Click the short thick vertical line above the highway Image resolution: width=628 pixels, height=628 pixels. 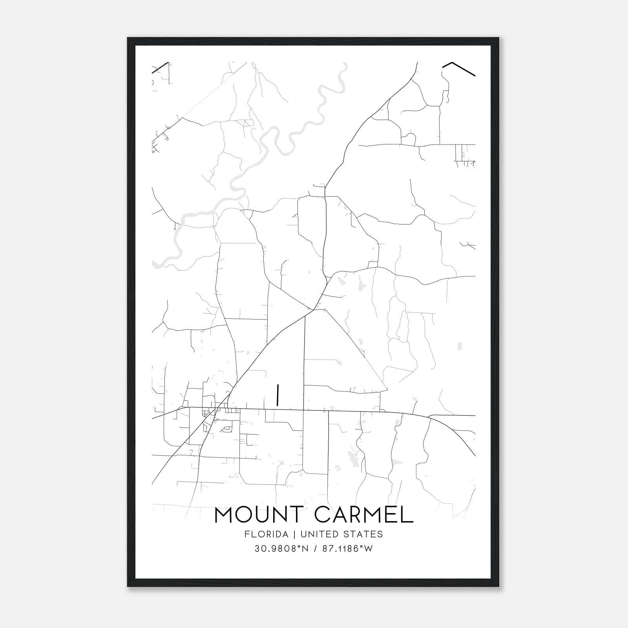277,395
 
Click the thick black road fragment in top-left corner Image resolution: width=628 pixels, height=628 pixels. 161,67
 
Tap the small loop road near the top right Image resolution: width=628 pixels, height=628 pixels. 410,138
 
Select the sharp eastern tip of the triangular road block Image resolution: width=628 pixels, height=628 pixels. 387,390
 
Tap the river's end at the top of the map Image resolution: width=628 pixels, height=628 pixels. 345,64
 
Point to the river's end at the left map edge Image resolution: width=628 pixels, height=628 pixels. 154,262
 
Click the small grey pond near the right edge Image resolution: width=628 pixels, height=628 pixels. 460,346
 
